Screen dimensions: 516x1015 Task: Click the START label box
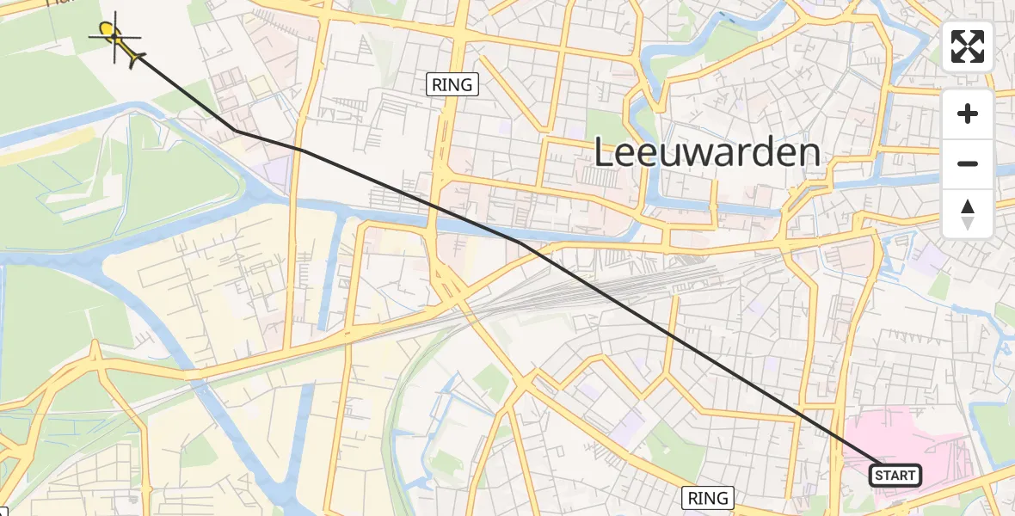tap(895, 476)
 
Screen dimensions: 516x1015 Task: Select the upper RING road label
tap(452, 84)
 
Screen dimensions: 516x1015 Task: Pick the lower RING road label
tap(708, 497)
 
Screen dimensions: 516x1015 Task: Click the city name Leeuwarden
tap(707, 153)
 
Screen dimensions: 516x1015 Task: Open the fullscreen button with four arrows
tap(968, 46)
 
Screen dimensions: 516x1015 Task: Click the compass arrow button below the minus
tap(968, 214)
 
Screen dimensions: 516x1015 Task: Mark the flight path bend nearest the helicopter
tap(235, 131)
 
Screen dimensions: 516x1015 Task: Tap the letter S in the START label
tap(880, 476)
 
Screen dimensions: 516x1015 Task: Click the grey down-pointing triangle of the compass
tap(968, 223)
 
